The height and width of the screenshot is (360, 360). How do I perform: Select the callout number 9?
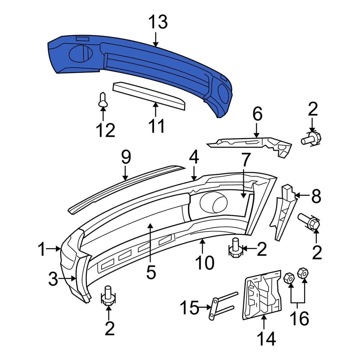125,158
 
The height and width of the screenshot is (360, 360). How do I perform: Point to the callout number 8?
316,196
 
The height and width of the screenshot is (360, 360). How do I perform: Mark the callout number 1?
42,249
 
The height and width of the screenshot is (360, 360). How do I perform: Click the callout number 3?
53,279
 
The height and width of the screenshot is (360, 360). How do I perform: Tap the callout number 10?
204,263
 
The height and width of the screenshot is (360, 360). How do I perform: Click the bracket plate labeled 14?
262,295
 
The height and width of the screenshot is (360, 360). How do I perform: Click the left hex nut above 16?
289,278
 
